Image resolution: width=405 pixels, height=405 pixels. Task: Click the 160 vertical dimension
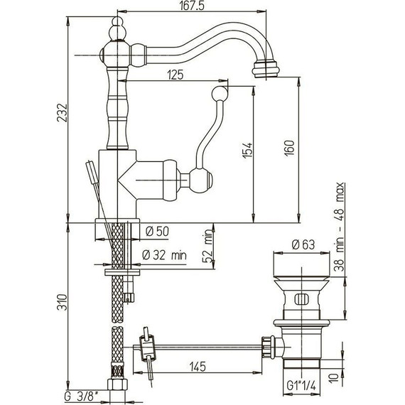[x=290, y=148]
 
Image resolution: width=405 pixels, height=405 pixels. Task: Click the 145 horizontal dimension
[x=198, y=367]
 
